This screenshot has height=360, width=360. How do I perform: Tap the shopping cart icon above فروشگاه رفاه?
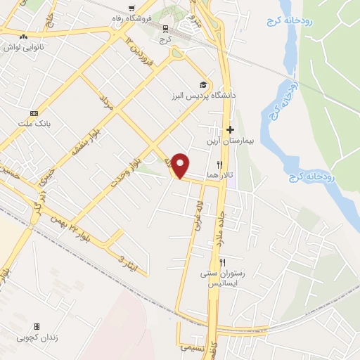(x=131, y=9)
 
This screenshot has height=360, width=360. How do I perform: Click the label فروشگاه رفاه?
(x=132, y=18)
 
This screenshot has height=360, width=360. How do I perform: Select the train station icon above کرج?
(x=166, y=29)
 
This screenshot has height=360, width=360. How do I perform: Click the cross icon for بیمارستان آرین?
(x=230, y=130)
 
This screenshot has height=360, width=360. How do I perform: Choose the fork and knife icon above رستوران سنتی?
(x=222, y=262)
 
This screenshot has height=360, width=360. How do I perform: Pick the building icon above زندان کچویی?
(x=37, y=326)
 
